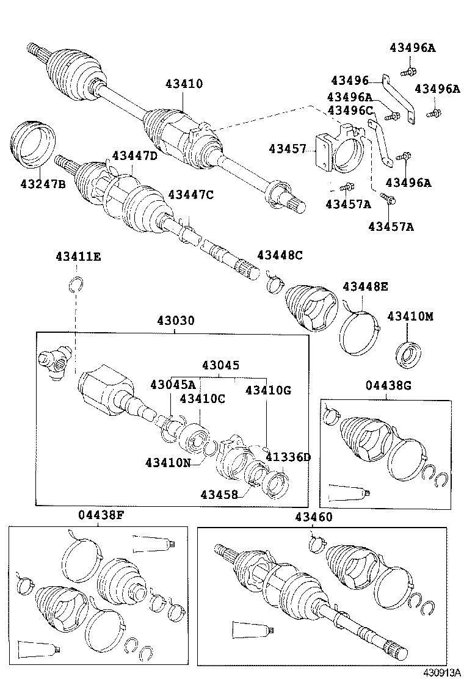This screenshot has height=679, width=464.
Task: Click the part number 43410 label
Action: point(183,84)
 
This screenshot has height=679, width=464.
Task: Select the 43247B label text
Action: point(42,183)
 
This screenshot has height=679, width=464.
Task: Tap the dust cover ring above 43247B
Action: point(34,143)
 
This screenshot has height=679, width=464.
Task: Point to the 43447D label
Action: point(134,156)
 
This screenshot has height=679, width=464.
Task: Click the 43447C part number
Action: point(190,195)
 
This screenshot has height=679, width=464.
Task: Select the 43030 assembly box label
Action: point(176,321)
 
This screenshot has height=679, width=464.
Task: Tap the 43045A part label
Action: point(173,384)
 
